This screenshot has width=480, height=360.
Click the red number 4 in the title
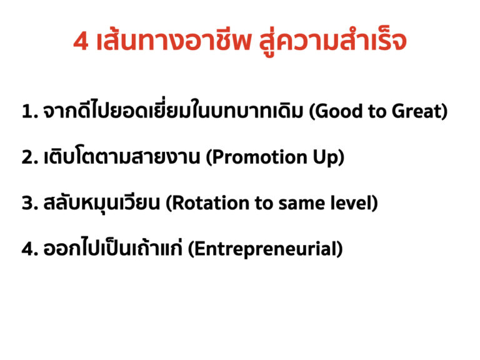click(x=81, y=41)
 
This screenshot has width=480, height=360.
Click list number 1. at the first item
click(x=30, y=111)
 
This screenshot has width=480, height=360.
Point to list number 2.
click(x=30, y=157)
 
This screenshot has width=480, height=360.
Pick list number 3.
click(x=30, y=203)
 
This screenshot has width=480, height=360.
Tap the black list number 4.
click(x=30, y=249)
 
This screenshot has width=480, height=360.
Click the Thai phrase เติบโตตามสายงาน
click(x=122, y=157)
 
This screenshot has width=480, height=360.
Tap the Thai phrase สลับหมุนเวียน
click(x=102, y=202)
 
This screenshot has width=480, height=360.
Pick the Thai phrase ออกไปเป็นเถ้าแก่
click(x=112, y=247)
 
